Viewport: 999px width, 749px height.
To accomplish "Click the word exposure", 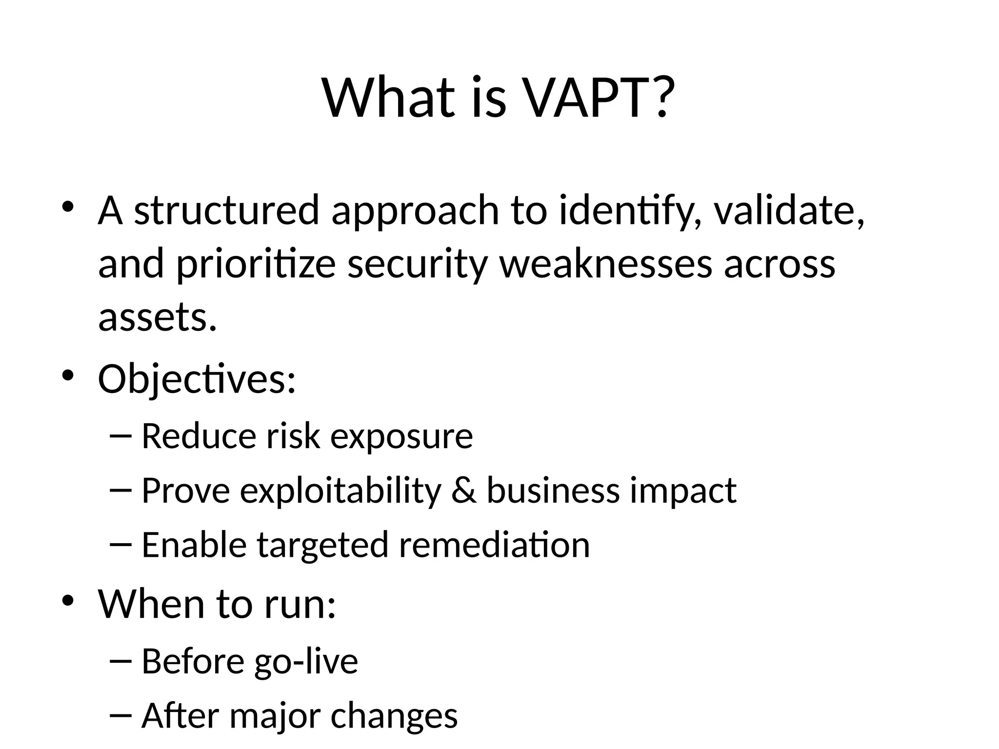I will (x=401, y=436).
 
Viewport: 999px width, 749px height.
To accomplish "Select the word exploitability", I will (x=340, y=491).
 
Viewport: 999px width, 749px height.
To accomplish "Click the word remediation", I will (x=495, y=545).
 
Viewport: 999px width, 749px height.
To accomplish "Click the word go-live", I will (x=306, y=662).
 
